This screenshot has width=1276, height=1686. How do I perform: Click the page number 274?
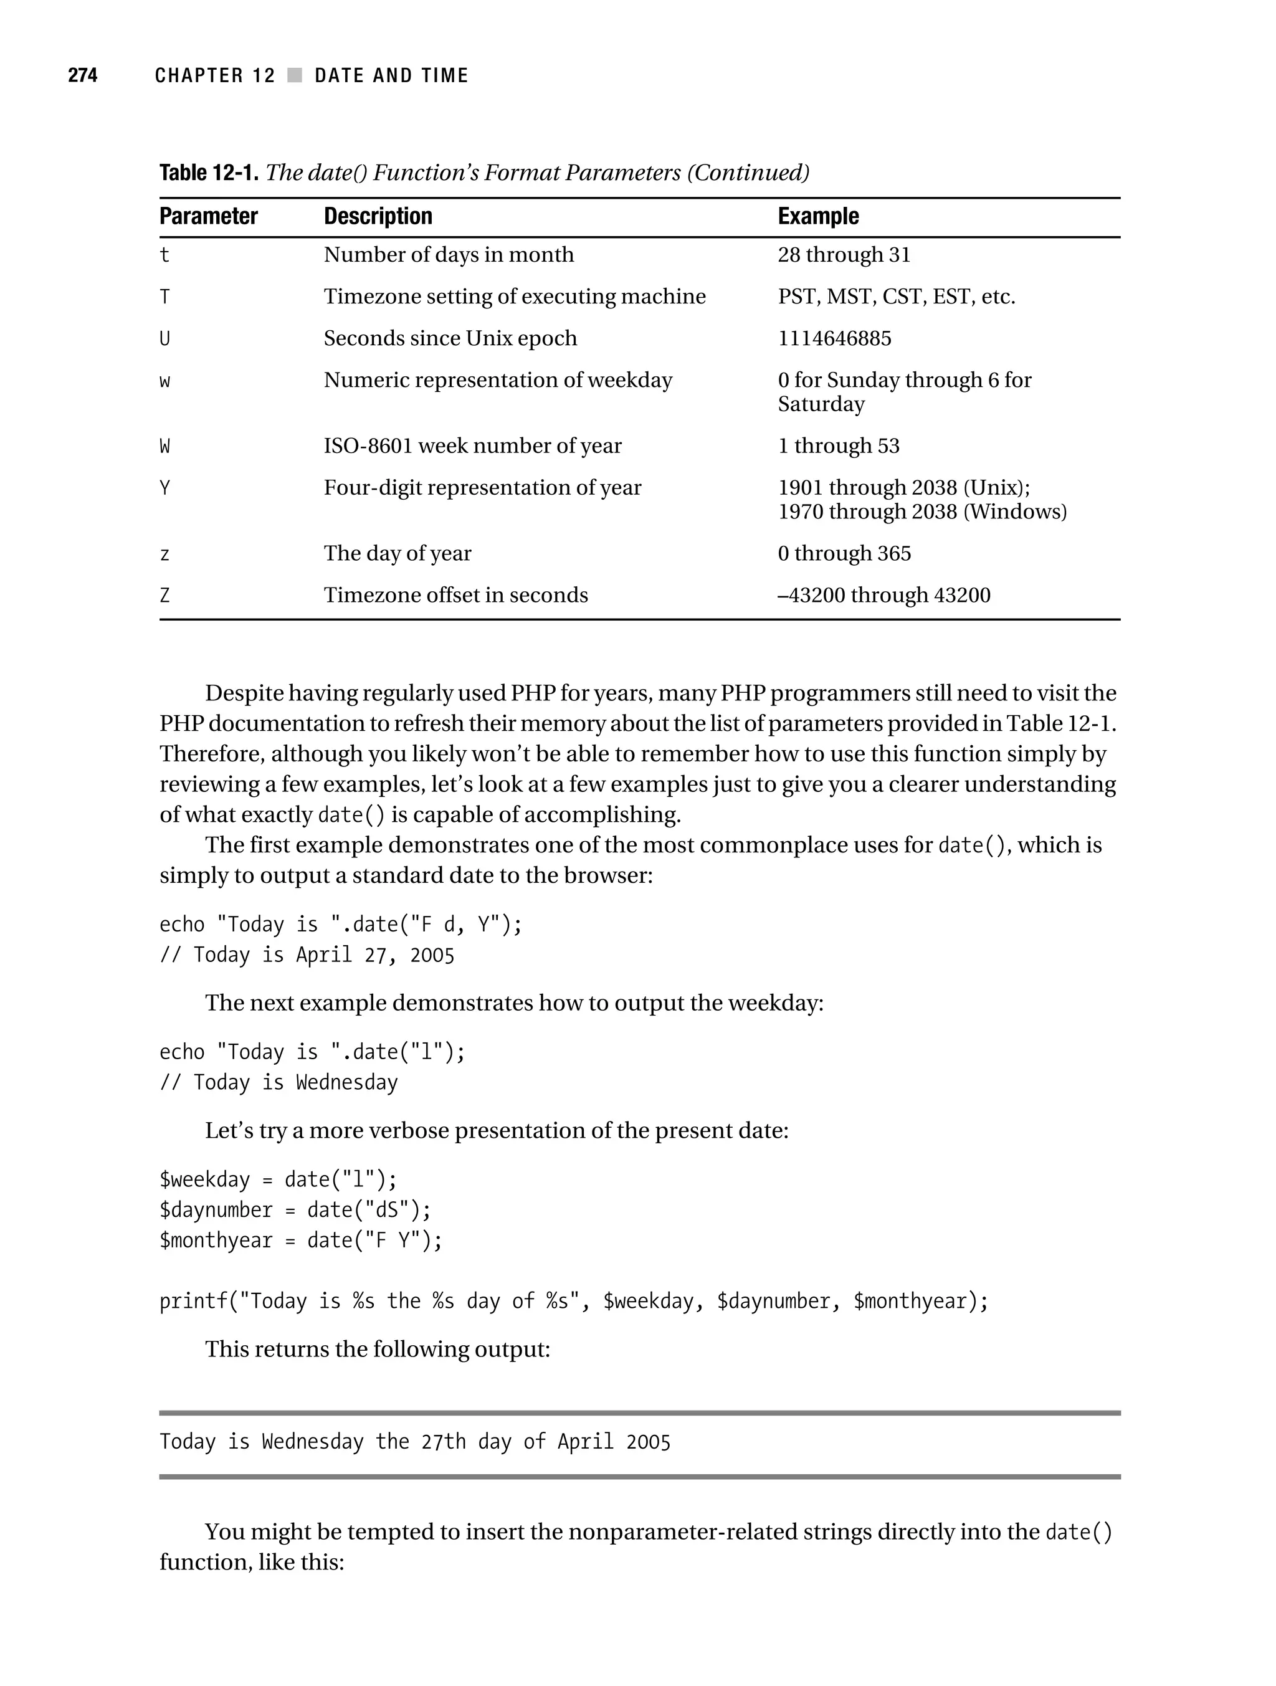point(82,75)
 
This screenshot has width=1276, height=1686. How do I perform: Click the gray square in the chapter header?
point(294,75)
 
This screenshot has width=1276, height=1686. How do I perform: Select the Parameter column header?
point(208,216)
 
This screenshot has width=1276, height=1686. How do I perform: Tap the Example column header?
point(818,216)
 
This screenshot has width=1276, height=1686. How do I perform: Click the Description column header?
point(378,216)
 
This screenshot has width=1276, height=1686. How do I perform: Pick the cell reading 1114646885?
point(834,338)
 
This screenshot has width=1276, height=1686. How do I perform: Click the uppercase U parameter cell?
point(164,338)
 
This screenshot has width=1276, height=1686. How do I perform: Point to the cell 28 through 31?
point(844,255)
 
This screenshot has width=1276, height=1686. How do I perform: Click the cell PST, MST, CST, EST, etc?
point(897,297)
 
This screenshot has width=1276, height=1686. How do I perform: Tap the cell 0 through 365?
point(844,553)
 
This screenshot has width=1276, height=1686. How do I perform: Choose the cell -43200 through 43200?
point(883,595)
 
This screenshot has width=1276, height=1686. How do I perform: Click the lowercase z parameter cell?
point(164,554)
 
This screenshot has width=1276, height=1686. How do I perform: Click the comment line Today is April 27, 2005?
point(307,955)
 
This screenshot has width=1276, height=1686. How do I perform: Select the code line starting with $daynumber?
point(295,1209)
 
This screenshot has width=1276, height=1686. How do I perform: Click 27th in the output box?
point(443,1442)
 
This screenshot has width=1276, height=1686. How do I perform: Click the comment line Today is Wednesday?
point(279,1082)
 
